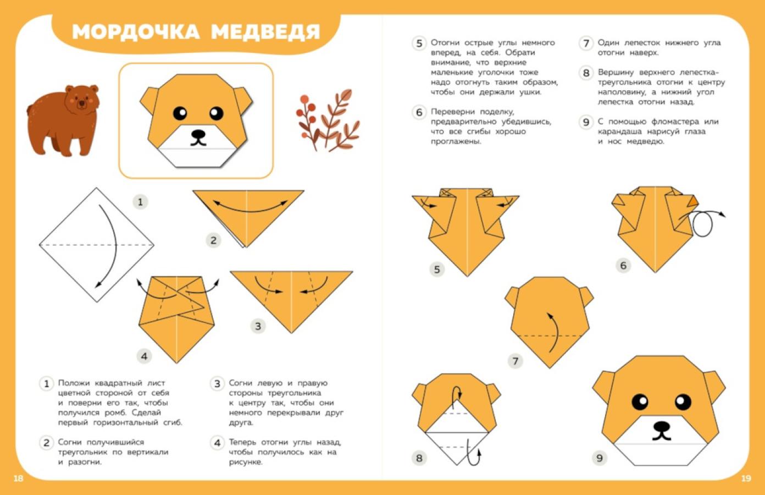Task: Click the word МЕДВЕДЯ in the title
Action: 265,32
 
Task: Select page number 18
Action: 18,479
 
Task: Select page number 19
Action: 746,479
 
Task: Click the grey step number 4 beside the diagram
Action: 144,356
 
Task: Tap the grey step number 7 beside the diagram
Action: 515,361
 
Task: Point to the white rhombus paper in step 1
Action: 97,245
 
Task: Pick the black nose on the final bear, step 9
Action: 662,427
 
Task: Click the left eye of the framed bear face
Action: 180,113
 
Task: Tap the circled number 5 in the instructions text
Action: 419,43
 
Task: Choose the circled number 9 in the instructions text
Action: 586,122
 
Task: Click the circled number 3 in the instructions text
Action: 217,383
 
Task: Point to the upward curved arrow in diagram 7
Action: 556,332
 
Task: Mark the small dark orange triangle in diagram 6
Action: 694,201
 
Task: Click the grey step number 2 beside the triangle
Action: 213,240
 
